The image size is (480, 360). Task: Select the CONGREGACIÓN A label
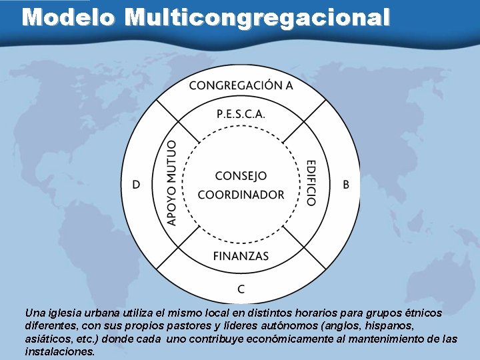(x=241, y=85)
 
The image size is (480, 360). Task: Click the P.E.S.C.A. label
(x=241, y=113)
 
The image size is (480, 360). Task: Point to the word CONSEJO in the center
(x=241, y=176)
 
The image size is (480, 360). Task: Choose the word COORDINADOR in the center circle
(x=241, y=195)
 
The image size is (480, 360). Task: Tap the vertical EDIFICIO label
(x=310, y=182)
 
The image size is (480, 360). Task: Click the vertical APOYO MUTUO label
(x=171, y=182)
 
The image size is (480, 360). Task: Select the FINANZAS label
(x=241, y=255)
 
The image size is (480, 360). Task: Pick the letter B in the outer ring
(x=345, y=184)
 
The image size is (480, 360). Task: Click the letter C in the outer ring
(x=241, y=289)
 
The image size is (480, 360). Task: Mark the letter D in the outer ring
(x=136, y=184)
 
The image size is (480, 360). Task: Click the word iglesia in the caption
(x=63, y=312)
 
